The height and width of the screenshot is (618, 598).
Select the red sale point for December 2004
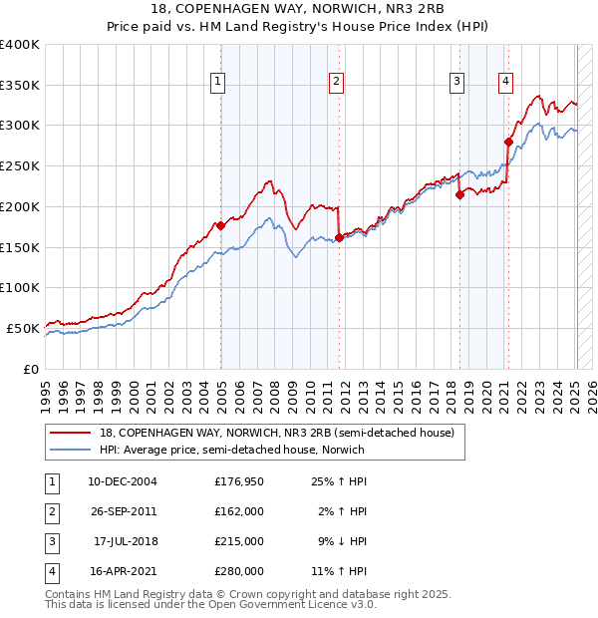pyautogui.click(x=220, y=225)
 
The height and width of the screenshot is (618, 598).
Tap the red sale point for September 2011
pyautogui.click(x=339, y=237)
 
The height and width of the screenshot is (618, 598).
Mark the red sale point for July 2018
pyautogui.click(x=459, y=195)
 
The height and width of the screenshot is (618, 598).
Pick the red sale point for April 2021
pyautogui.click(x=508, y=143)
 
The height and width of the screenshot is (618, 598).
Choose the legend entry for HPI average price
pyautogui.click(x=231, y=450)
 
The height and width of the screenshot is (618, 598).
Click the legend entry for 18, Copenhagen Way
pyautogui.click(x=277, y=433)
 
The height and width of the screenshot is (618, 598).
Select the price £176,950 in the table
pyautogui.click(x=239, y=482)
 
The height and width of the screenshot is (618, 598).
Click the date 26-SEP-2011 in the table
pyautogui.click(x=125, y=510)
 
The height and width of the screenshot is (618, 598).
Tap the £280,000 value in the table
pyautogui.click(x=239, y=571)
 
